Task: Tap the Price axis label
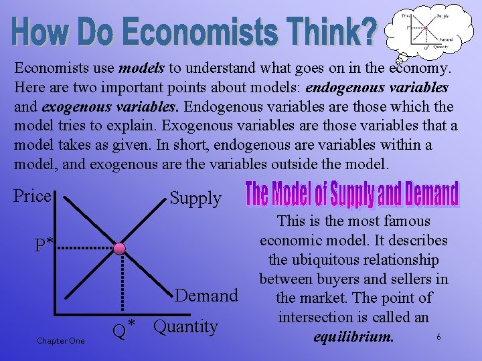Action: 32,196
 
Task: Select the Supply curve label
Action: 195,198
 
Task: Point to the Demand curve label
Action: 206,295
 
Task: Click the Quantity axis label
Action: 185,327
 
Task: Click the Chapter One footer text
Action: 61,341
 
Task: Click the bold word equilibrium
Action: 353,336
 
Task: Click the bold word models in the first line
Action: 140,68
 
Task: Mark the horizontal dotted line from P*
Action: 84,248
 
